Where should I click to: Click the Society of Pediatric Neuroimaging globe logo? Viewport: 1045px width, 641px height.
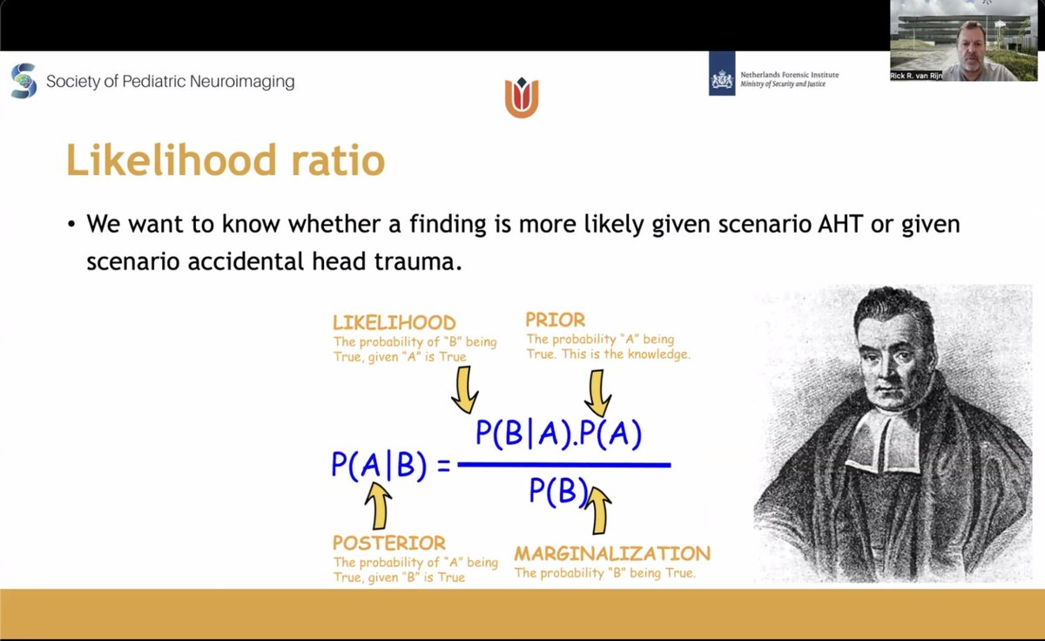(24, 81)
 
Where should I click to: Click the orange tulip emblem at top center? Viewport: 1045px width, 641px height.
(522, 97)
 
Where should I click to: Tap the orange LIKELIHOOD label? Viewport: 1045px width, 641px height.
(394, 323)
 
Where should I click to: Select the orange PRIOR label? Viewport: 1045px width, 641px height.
(556, 320)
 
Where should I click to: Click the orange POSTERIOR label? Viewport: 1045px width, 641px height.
(389, 543)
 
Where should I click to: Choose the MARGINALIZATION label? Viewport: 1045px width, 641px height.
(612, 553)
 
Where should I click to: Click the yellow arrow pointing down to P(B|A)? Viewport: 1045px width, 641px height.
(465, 388)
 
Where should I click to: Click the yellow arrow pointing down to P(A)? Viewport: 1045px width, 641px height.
(597, 392)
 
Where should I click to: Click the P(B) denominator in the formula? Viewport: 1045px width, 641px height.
(558, 492)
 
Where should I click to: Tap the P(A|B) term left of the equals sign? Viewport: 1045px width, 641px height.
(379, 464)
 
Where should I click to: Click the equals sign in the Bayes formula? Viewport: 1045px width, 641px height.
(443, 465)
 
